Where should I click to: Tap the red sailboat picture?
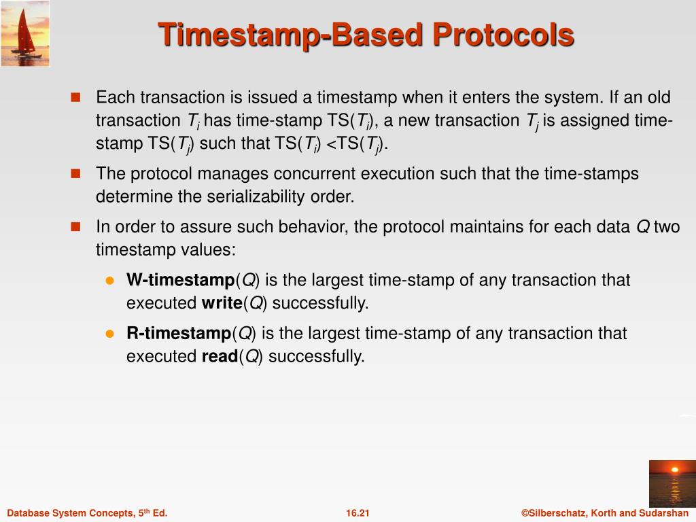point(25,34)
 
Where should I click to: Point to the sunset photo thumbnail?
point(672,483)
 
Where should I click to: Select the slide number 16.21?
point(358,513)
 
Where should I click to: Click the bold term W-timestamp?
point(181,279)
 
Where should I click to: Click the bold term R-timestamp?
point(179,333)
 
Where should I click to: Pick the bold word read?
point(220,356)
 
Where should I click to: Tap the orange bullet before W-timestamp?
point(110,281)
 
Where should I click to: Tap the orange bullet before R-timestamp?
point(110,334)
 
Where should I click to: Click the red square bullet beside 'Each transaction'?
point(75,97)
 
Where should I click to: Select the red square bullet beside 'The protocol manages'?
point(75,173)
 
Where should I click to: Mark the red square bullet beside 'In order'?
point(75,227)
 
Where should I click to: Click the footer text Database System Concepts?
point(71,513)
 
